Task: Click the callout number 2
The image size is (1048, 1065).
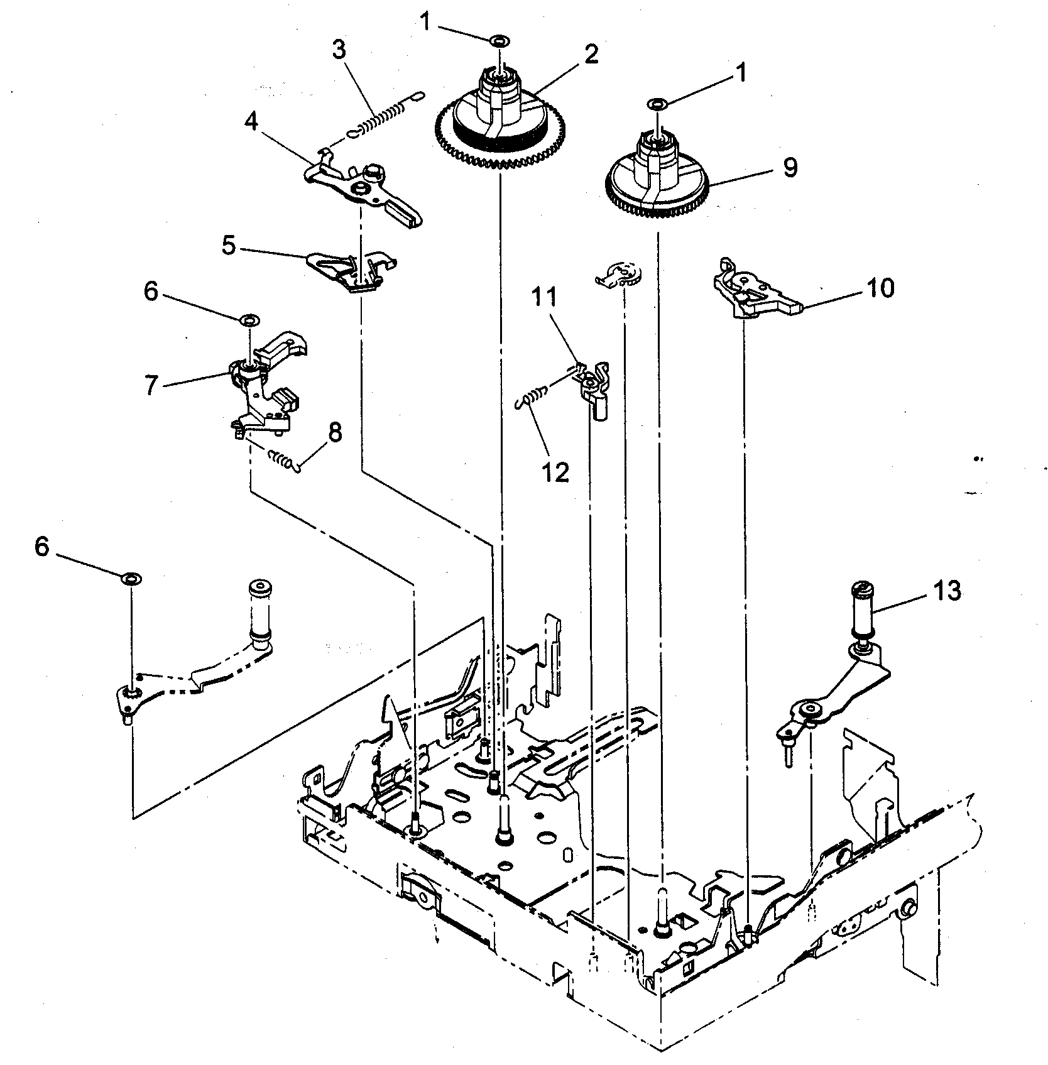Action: (591, 55)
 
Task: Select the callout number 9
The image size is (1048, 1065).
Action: (790, 168)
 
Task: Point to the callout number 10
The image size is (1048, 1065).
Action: (880, 288)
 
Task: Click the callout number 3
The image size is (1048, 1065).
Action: (339, 50)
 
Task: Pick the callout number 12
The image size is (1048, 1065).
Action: (555, 471)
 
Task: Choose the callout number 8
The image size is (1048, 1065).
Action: (335, 432)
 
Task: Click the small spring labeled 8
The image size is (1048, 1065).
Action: (281, 460)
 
